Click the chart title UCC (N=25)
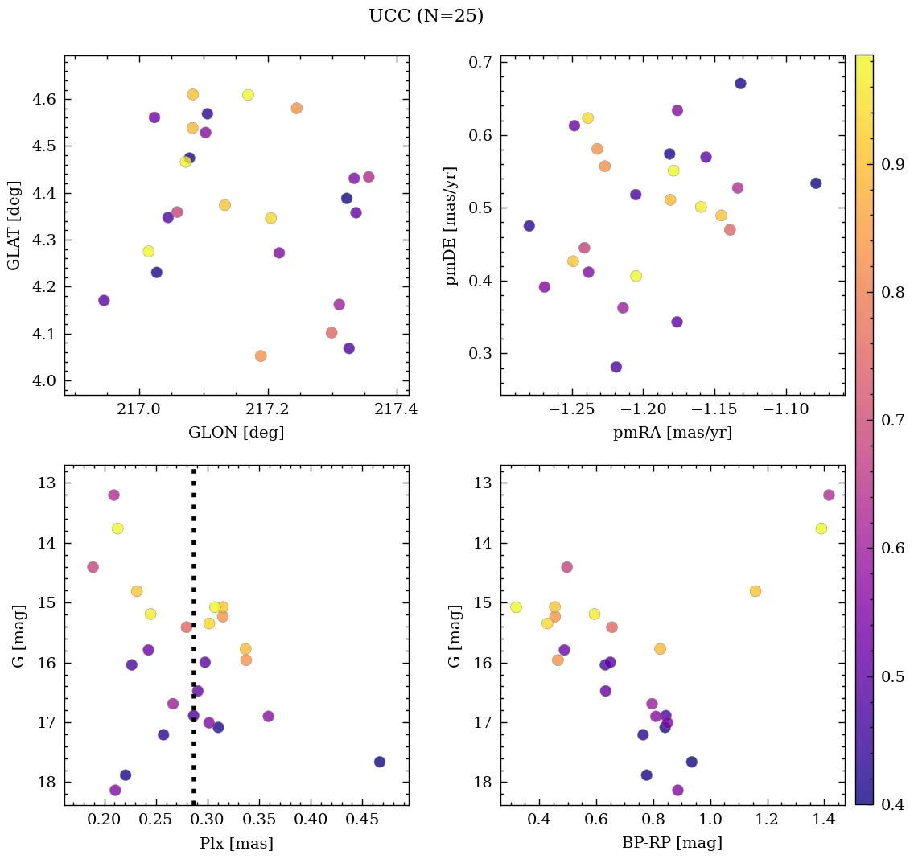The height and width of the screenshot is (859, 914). (x=426, y=16)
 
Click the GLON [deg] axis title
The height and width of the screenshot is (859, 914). (x=236, y=433)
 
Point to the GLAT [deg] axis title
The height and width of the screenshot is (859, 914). (x=14, y=225)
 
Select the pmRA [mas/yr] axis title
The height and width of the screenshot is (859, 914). (x=672, y=433)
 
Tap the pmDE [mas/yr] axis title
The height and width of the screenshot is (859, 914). (x=451, y=225)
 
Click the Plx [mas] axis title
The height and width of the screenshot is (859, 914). (x=236, y=843)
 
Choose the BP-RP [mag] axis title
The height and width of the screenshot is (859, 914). (x=672, y=843)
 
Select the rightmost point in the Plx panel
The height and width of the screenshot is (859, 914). (x=380, y=762)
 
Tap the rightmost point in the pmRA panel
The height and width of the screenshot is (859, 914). (x=816, y=183)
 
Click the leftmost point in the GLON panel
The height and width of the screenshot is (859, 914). (x=104, y=301)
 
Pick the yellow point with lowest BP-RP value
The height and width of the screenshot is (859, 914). (x=516, y=607)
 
